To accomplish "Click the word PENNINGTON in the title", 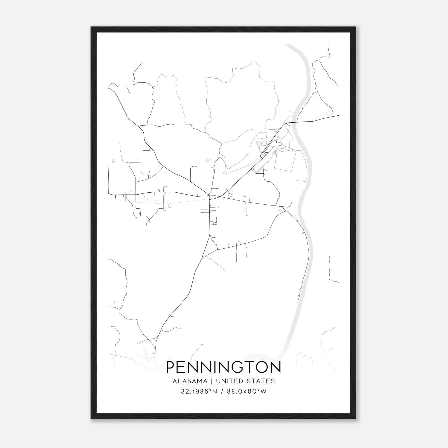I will [224, 367].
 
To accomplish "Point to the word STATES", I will [263, 381].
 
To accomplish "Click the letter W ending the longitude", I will [264, 391].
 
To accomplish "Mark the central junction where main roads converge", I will [209, 195].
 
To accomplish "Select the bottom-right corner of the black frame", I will [356, 418].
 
